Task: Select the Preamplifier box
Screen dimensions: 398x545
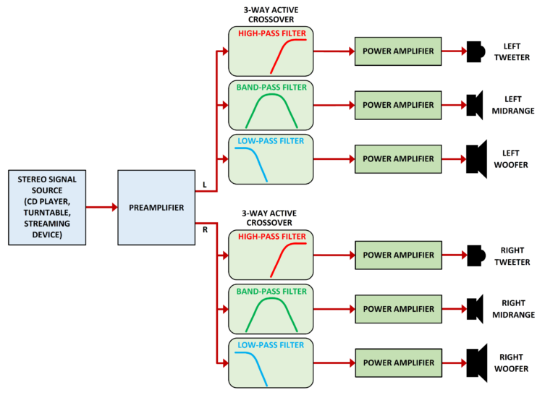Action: [156, 207]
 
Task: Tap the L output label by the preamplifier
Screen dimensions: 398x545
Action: [206, 185]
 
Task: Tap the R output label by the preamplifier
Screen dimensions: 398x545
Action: [206, 229]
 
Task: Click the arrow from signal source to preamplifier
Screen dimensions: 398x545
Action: [101, 207]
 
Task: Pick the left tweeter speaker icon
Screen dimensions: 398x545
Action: [475, 51]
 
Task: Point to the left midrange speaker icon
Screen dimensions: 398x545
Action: [475, 105]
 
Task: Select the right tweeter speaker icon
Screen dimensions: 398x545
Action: [475, 255]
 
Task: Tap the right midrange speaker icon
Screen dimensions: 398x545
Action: [475, 308]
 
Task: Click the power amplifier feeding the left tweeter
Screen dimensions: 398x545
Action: [398, 51]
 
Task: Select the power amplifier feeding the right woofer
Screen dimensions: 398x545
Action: [398, 362]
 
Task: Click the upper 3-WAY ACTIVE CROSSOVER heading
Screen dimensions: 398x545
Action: [271, 15]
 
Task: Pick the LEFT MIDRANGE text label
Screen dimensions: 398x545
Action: [519, 105]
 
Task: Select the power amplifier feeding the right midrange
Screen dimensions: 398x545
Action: [398, 308]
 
